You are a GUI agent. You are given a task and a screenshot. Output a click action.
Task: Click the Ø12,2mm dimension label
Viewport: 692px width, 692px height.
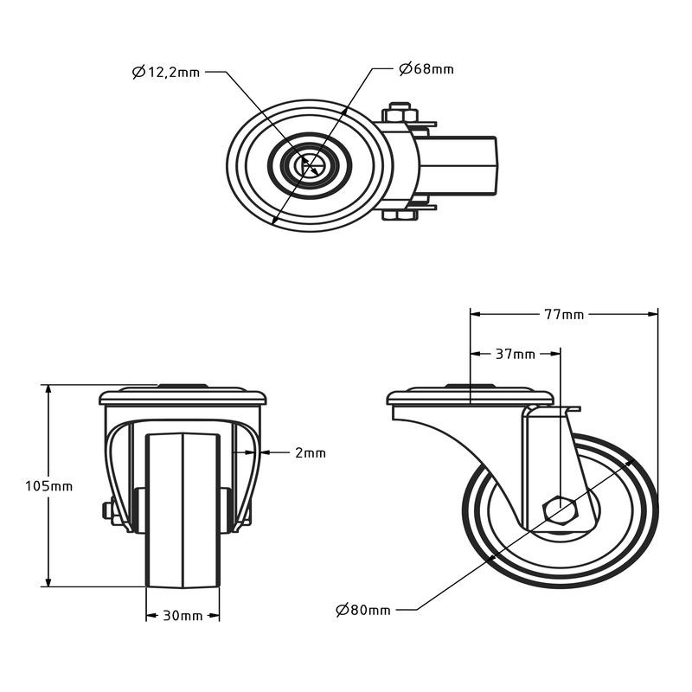[166, 73]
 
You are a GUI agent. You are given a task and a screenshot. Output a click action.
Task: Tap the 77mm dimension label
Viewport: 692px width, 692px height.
[563, 315]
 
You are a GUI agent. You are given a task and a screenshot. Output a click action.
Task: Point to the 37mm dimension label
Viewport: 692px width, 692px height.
[515, 354]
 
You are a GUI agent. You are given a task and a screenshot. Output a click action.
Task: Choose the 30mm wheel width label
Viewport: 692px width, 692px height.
[183, 616]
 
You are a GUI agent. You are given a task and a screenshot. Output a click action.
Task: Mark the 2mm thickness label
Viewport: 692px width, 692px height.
[310, 452]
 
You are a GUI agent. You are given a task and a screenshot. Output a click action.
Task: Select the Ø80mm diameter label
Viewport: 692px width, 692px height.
[363, 611]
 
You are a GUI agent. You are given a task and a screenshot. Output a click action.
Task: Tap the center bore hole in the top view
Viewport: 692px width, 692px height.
[308, 165]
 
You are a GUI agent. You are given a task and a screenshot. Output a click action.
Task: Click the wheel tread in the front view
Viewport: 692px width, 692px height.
[183, 510]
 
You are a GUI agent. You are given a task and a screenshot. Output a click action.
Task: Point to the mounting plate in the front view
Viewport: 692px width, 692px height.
[183, 398]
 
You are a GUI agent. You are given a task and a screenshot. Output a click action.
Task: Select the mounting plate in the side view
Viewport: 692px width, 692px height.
[469, 398]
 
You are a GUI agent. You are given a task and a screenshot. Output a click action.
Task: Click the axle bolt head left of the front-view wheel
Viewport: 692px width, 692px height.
[109, 511]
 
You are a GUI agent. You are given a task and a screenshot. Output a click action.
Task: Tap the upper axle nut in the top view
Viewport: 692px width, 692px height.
[399, 112]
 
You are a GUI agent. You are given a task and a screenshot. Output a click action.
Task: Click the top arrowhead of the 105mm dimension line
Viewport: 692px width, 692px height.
[48, 390]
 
